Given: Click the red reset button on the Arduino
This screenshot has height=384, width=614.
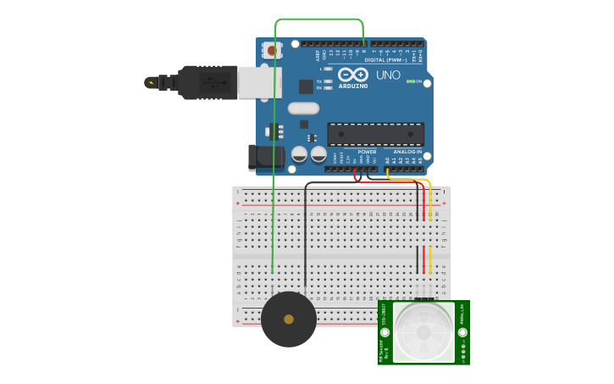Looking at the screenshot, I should (x=272, y=51).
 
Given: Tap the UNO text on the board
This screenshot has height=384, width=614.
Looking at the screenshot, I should (x=388, y=75).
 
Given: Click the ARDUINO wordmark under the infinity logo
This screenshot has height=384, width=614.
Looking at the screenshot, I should (x=353, y=86).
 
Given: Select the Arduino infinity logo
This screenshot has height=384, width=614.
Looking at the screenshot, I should (x=352, y=75).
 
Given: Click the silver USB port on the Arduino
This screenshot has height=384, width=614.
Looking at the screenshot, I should (x=259, y=82).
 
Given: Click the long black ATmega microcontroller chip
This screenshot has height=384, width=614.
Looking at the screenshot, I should (x=375, y=134).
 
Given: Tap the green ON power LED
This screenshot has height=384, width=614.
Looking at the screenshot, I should (x=409, y=81).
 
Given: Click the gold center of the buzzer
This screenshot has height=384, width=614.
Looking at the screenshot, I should (x=289, y=320).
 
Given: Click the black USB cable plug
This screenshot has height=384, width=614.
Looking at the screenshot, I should (x=207, y=82).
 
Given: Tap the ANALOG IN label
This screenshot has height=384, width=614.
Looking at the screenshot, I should (x=407, y=152).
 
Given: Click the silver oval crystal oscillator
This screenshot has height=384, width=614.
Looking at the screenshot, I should (x=303, y=108).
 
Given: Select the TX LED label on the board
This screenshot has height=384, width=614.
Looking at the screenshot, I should (x=318, y=81).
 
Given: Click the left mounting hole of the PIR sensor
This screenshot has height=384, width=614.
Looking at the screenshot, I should (x=385, y=332).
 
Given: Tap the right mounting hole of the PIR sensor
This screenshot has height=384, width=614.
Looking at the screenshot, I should (x=462, y=332).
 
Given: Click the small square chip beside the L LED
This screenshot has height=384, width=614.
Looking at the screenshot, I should (x=306, y=86).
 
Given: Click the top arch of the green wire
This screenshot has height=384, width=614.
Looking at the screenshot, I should (x=319, y=19).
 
